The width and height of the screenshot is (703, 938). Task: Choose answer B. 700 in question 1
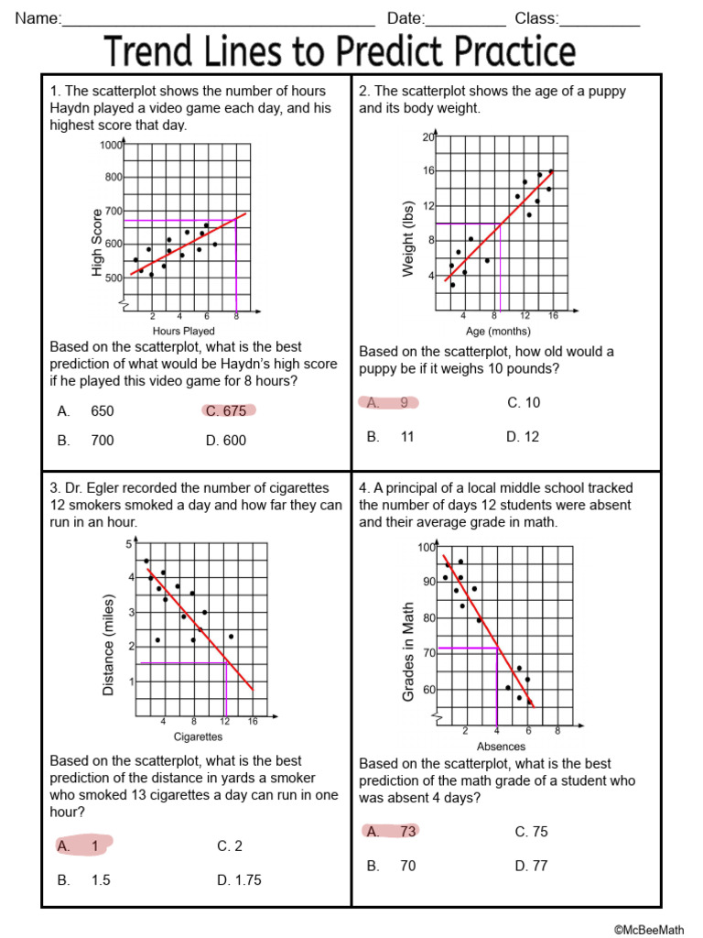click(x=86, y=441)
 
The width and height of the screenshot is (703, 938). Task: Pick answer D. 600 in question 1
click(x=226, y=441)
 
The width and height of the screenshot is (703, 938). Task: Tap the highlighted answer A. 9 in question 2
click(x=388, y=402)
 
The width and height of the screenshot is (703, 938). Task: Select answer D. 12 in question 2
click(x=523, y=437)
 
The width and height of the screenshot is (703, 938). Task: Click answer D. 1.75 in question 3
click(x=239, y=880)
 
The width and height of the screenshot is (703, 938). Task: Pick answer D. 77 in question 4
click(x=531, y=866)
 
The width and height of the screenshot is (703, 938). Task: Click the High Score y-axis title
click(x=98, y=242)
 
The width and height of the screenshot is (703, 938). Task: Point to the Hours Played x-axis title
click(x=184, y=331)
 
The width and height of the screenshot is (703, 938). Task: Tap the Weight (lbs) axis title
click(x=408, y=238)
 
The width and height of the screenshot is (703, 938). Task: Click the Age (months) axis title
click(x=497, y=331)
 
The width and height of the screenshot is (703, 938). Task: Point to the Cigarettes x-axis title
click(x=198, y=736)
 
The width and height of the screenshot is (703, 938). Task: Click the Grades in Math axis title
click(x=409, y=652)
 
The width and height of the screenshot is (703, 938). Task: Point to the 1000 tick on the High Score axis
click(x=111, y=145)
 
